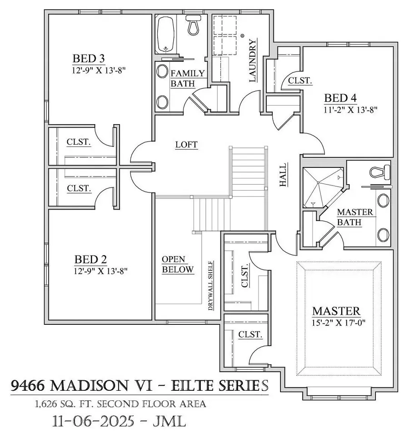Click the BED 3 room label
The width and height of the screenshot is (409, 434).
point(89,59)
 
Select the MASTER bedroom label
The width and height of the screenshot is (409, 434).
point(337,311)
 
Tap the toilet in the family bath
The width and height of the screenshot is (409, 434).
point(195,26)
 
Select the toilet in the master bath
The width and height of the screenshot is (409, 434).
point(379,172)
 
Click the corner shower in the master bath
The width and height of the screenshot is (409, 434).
point(322,187)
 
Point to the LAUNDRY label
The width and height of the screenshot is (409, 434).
point(254,61)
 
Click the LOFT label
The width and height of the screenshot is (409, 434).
point(187,145)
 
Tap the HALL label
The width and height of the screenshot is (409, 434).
point(283,175)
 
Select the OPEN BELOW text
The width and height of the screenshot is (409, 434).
point(178,264)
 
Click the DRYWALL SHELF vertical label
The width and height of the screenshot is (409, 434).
point(211,286)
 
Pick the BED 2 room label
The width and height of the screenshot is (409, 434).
point(90,260)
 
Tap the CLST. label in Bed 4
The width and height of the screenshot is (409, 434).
point(300,81)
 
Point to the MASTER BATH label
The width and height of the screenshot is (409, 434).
point(355,217)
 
